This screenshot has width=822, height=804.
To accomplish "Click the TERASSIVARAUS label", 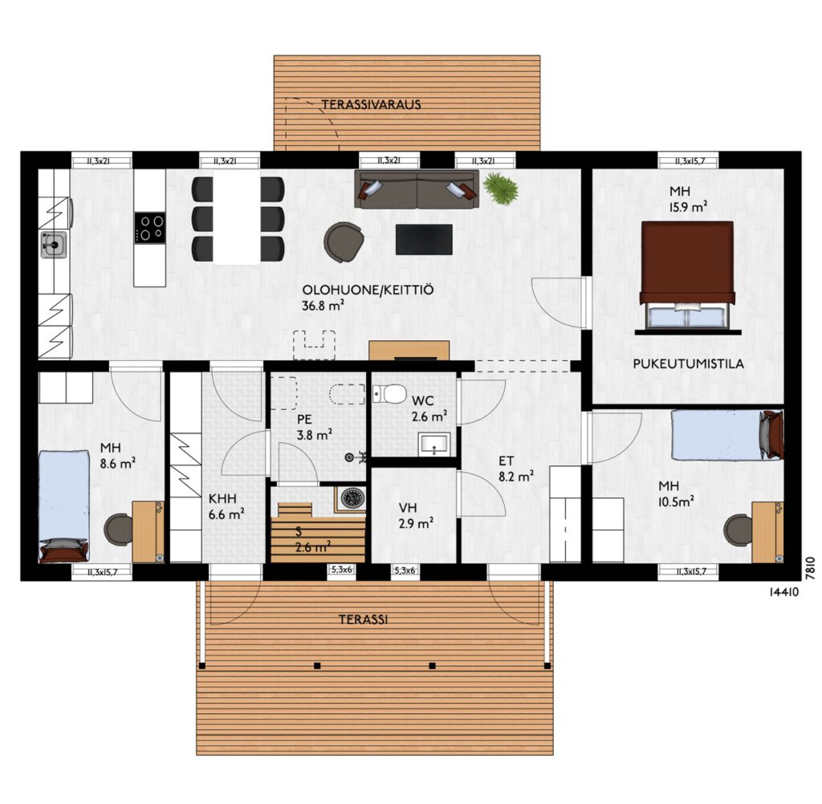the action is (371, 104).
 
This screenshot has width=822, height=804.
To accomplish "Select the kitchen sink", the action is (54, 245).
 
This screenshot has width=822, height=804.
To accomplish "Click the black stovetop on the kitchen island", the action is (150, 227).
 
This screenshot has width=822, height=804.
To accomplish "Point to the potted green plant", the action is (500, 187).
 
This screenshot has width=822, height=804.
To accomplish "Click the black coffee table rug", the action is (424, 240).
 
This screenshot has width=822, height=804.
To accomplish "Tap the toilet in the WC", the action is (389, 393).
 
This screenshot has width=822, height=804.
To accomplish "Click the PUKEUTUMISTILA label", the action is (688, 363).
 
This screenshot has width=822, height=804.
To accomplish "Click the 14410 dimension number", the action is (783, 592).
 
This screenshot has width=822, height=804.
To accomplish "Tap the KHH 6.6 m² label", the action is (226, 506).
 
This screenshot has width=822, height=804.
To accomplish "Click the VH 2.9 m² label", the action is (416, 515).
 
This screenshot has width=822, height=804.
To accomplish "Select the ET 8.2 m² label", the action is (516, 469).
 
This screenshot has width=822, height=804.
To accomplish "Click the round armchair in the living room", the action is (344, 241).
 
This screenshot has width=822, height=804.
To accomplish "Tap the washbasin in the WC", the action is (434, 444).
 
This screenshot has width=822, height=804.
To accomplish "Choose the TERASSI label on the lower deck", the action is (363, 619).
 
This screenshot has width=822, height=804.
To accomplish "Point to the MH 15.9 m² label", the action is (687, 199).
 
